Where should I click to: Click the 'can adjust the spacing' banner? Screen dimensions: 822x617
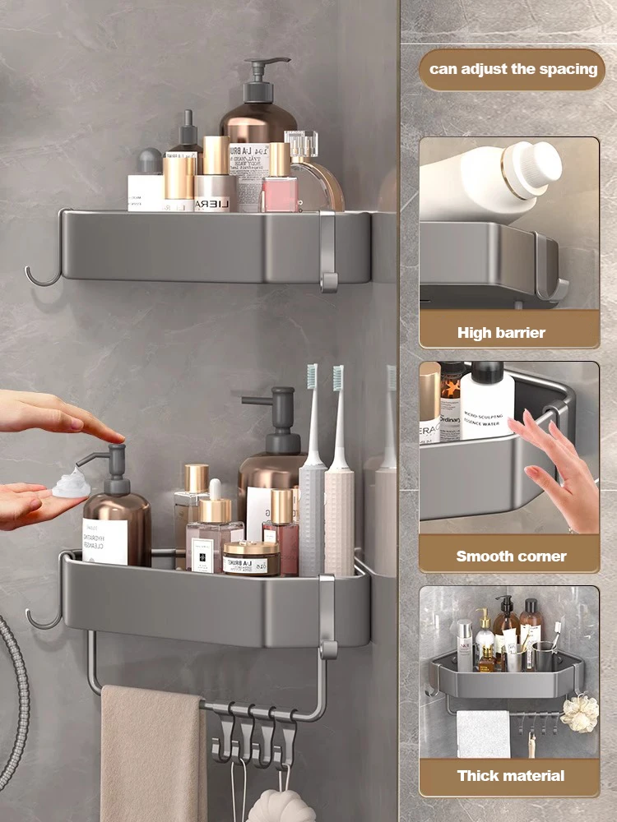pyautogui.click(x=513, y=69)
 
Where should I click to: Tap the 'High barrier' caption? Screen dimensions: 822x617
pyautogui.click(x=501, y=333)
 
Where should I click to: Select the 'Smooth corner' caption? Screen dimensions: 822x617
pyautogui.click(x=511, y=556)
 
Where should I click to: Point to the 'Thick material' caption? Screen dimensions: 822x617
pyautogui.click(x=511, y=775)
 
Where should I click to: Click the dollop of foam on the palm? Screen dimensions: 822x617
pyautogui.click(x=71, y=484)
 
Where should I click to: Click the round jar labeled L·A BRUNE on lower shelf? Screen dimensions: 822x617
pyautogui.click(x=251, y=559)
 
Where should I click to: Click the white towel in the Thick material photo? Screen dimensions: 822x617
pyautogui.click(x=484, y=734)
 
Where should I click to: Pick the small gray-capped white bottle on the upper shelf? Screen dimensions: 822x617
pyautogui.click(x=149, y=181)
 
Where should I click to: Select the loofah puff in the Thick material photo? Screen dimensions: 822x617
pyautogui.click(x=582, y=713)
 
